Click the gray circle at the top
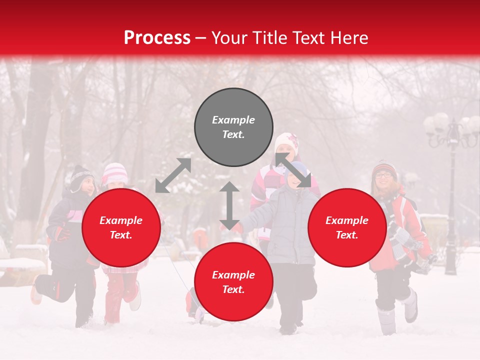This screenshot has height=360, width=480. tap(233, 127)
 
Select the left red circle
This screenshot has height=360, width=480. tap(121, 227)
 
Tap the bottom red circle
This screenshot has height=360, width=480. tap(233, 281)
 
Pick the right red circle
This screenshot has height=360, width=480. tap(347, 227)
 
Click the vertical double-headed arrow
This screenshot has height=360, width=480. tap(229, 205)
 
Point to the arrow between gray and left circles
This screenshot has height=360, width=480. tap(173, 175)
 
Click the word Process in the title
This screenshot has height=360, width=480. tap(157, 38)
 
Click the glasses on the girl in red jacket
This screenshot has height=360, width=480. tap(384, 175)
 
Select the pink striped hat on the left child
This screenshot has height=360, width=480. tap(115, 173)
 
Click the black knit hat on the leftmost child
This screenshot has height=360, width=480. tap(81, 176)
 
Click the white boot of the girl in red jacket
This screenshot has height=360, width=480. tap(410, 306)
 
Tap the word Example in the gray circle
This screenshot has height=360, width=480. tap(233, 120)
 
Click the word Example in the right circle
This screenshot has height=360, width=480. tap(347, 220)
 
